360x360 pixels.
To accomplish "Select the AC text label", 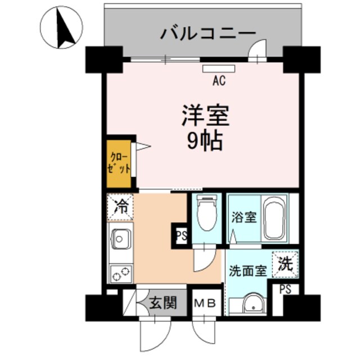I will click(x=219, y=80).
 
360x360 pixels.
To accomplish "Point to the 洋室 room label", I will click(x=205, y=116).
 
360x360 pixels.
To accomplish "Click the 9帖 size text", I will click(x=205, y=141).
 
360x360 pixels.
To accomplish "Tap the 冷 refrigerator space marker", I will click(x=120, y=206).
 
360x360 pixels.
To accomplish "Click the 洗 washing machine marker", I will click(x=286, y=263).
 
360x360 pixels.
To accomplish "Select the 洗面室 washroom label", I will click(x=247, y=270).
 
